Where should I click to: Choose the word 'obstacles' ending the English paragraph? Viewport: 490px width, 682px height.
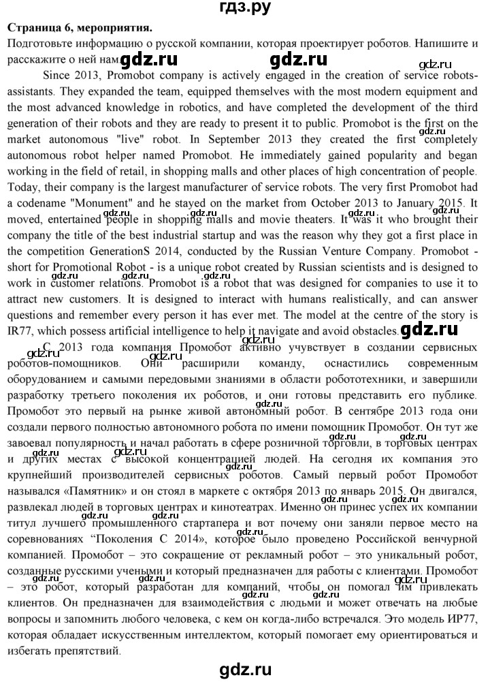pos(374,331)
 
